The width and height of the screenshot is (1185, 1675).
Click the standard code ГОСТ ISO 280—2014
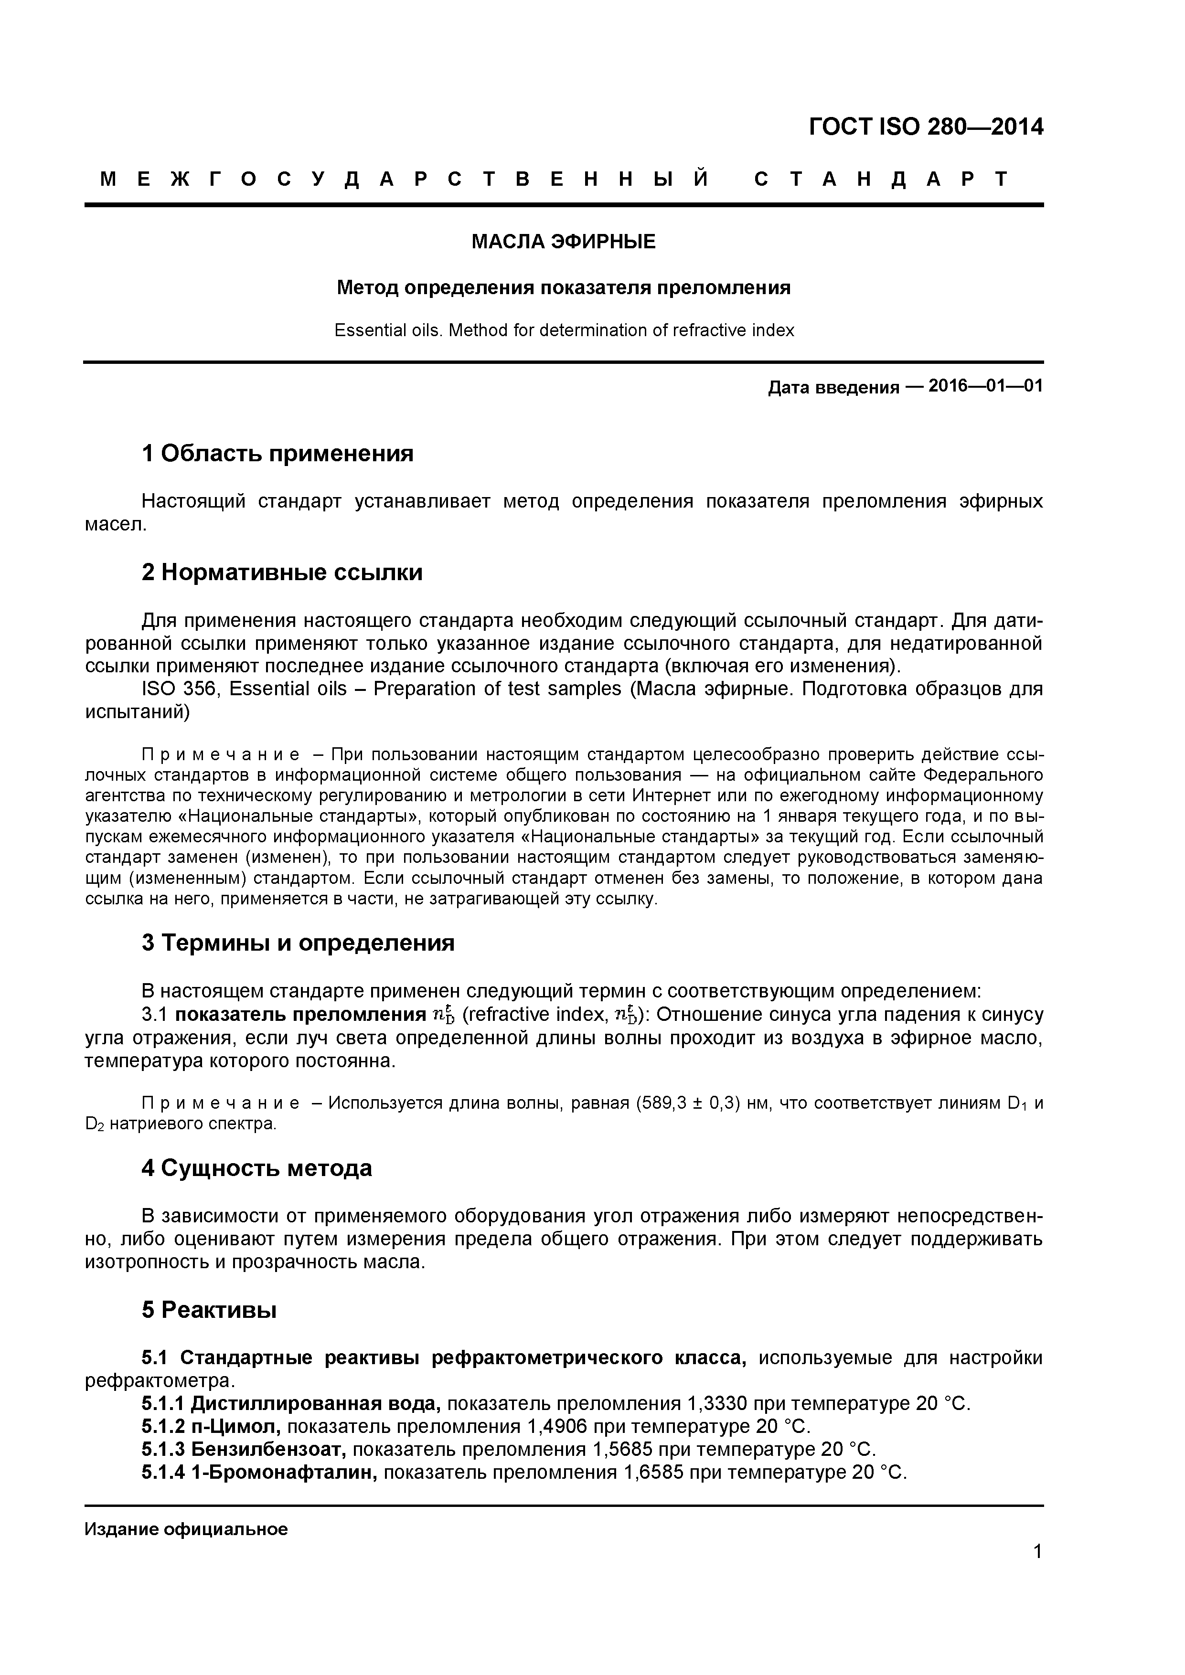pos(926,127)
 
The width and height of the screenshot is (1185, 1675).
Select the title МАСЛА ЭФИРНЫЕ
pos(563,242)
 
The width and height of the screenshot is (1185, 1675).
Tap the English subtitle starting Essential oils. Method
pos(563,330)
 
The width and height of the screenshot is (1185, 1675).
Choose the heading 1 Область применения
pos(278,453)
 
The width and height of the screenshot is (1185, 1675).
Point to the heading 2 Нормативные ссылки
pos(282,572)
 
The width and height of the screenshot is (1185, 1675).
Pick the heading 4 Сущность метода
pos(257,1168)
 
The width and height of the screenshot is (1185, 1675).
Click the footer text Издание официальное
pos(186,1529)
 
